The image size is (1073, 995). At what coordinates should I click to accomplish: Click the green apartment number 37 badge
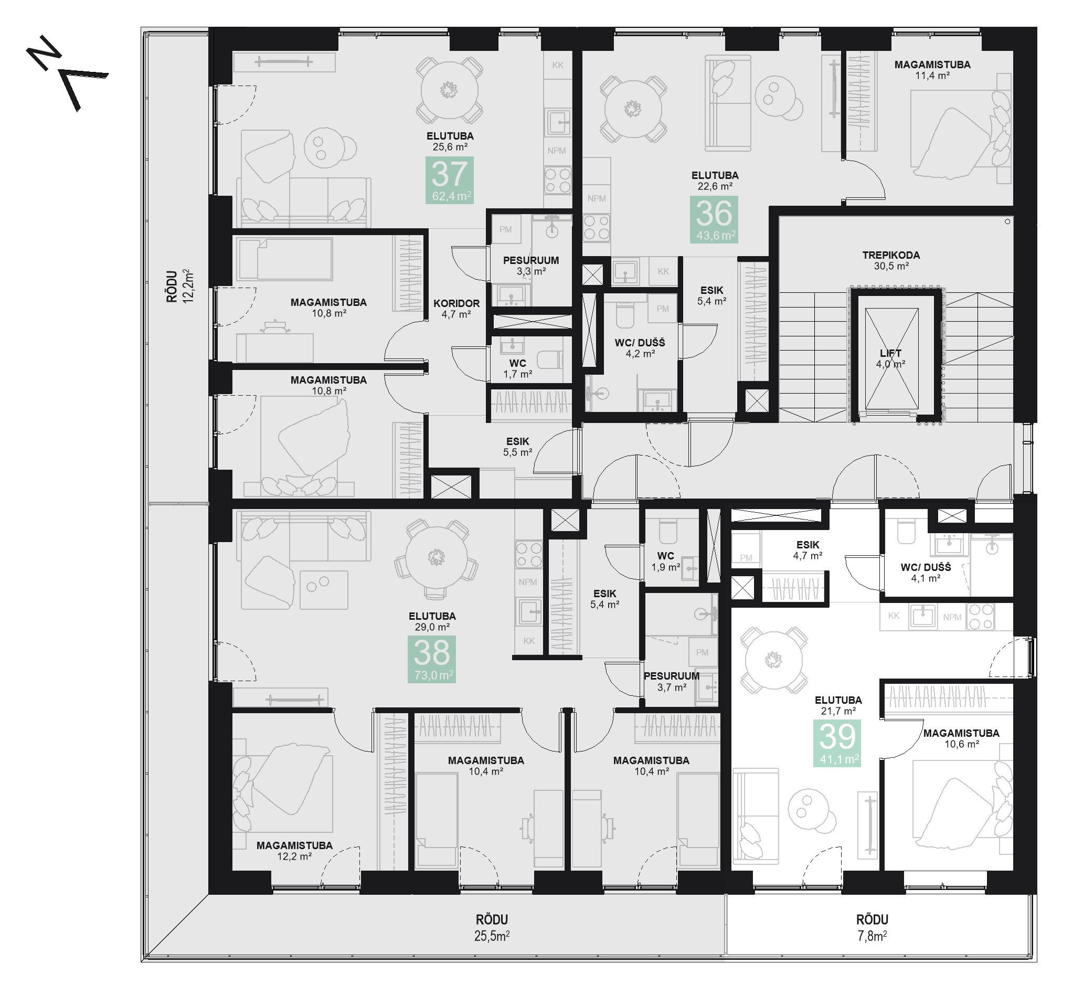click(449, 180)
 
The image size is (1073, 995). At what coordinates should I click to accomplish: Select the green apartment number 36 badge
click(714, 219)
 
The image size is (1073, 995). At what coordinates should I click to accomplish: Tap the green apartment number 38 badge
click(431, 659)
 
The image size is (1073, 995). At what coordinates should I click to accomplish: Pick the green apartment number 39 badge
click(837, 743)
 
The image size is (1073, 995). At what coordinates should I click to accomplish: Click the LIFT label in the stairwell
click(890, 353)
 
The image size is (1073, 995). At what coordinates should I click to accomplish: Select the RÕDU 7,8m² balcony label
click(872, 928)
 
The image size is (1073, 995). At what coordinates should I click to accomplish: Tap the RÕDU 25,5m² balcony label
click(492, 928)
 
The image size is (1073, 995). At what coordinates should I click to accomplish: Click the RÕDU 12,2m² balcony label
click(179, 287)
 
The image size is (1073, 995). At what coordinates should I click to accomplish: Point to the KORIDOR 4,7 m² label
click(456, 309)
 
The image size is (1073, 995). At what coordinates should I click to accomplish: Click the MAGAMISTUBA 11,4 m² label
click(932, 70)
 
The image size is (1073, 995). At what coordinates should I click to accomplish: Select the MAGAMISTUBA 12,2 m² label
click(294, 851)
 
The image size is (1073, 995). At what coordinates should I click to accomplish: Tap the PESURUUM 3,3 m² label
click(530, 266)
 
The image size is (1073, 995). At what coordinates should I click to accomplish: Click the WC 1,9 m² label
click(665, 561)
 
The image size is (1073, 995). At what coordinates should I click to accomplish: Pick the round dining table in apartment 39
click(773, 660)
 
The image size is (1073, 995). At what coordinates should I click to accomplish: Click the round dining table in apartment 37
click(449, 90)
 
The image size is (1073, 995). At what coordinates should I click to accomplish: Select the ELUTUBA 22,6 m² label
click(715, 181)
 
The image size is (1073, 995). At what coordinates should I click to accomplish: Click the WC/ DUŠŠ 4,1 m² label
click(925, 573)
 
